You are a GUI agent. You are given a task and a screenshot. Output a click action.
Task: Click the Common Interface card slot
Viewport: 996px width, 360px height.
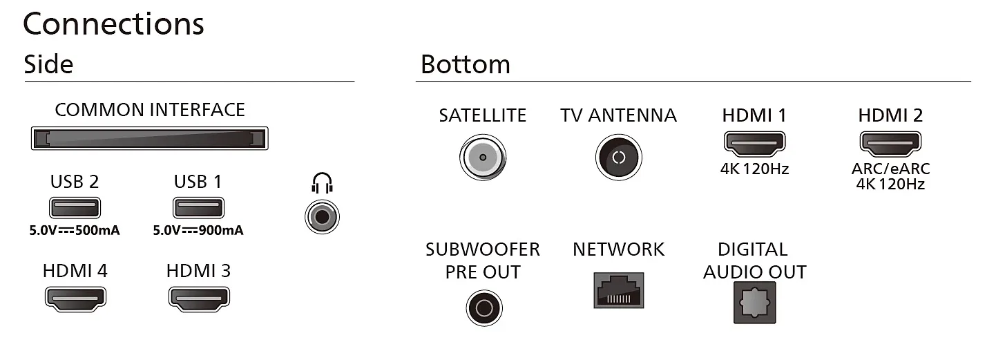pyautogui.click(x=149, y=138)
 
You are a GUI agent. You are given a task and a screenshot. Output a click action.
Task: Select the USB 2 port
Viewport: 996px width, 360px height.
pyautogui.click(x=75, y=208)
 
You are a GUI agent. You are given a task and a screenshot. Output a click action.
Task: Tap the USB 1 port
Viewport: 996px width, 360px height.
pyautogui.click(x=198, y=208)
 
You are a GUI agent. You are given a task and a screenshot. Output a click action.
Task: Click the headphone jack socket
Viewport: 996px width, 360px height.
pyautogui.click(x=322, y=217)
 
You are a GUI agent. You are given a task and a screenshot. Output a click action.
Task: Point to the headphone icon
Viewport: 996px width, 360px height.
pyautogui.click(x=322, y=183)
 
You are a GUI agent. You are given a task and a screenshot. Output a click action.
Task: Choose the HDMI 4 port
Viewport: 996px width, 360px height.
pyautogui.click(x=75, y=299)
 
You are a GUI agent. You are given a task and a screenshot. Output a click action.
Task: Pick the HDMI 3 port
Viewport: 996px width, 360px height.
pyautogui.click(x=199, y=299)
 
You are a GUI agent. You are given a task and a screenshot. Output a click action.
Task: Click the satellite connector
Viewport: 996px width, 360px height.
pyautogui.click(x=483, y=157)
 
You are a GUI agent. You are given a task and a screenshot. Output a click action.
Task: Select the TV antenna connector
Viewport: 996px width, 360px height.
pyautogui.click(x=618, y=157)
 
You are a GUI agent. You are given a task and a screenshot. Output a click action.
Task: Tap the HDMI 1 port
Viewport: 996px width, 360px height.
pyautogui.click(x=754, y=144)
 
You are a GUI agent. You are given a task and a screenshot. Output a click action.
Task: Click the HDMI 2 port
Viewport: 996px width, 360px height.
pyautogui.click(x=890, y=144)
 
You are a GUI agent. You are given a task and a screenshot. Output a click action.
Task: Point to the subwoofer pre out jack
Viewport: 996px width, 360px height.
pyautogui.click(x=484, y=308)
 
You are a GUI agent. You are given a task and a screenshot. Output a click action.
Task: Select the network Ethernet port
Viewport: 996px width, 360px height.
pyautogui.click(x=618, y=290)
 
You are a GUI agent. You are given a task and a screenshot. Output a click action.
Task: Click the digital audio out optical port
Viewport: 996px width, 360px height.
pyautogui.click(x=754, y=303)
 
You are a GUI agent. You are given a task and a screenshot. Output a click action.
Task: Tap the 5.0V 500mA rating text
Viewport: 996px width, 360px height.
pyautogui.click(x=75, y=231)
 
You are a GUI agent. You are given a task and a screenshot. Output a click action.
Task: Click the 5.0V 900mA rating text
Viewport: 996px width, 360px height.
pyautogui.click(x=198, y=231)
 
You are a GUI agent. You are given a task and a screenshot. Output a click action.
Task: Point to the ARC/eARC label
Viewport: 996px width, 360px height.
pyautogui.click(x=890, y=169)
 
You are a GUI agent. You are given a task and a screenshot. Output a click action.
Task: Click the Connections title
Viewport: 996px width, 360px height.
pyautogui.click(x=113, y=24)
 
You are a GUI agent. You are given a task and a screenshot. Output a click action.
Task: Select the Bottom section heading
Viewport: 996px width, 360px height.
pyautogui.click(x=466, y=64)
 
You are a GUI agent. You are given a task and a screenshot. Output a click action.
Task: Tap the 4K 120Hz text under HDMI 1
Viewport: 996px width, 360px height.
pyautogui.click(x=754, y=169)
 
